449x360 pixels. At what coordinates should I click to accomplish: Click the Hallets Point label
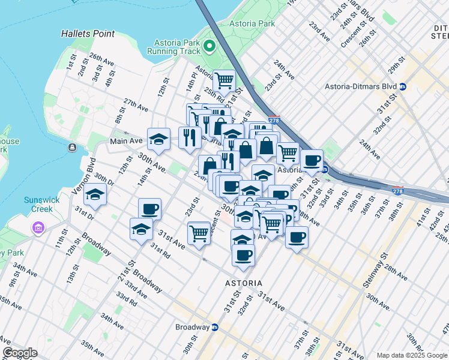(88, 34)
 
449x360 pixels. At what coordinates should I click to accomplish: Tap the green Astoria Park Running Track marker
(209, 46)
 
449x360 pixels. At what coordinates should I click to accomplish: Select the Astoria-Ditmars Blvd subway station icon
(403, 86)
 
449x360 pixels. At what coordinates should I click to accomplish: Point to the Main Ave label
(126, 141)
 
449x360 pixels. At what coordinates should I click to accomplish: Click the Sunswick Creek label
(38, 205)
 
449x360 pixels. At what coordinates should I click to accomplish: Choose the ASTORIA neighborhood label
(243, 283)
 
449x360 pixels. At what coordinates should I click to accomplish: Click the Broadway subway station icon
(214, 328)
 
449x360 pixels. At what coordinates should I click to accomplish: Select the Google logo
(20, 353)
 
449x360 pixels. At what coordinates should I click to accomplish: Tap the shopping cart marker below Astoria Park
(224, 79)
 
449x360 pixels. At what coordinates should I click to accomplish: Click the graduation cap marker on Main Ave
(158, 139)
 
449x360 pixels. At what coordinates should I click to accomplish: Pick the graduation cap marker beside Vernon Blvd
(95, 194)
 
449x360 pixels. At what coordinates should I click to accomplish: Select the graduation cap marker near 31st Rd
(141, 229)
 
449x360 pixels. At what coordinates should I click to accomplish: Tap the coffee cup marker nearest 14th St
(150, 209)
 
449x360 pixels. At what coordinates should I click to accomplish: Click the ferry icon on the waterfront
(72, 147)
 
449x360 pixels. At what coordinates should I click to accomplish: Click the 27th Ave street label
(136, 106)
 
